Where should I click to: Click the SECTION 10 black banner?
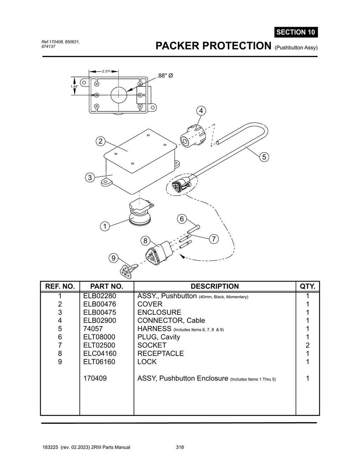296,32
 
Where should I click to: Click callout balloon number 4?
201,111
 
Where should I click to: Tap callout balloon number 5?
264,157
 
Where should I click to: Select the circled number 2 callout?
101,141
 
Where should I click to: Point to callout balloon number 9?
113,258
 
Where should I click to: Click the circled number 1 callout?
104,226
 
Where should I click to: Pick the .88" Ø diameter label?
165,76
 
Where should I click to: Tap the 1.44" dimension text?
74,87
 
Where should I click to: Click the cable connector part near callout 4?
192,136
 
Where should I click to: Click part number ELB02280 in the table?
99,296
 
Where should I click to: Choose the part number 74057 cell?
93,329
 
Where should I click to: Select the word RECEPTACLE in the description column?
160,353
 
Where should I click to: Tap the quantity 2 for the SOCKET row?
307,345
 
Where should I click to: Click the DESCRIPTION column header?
214,286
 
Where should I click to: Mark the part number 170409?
95,378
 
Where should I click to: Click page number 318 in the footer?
180,447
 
